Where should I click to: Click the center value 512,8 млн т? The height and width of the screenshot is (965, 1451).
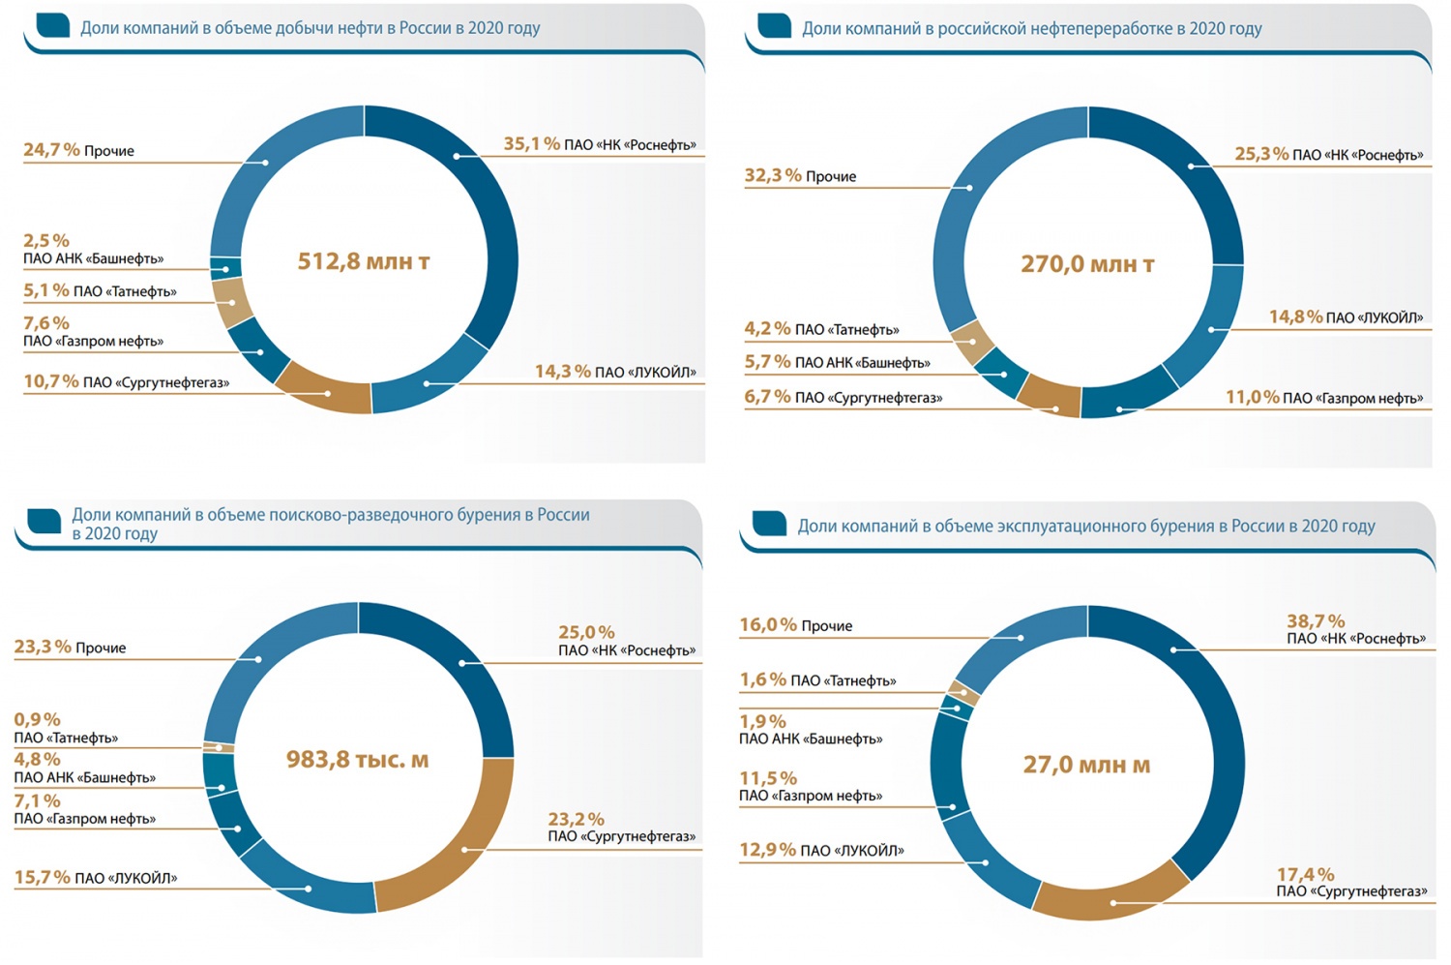click(363, 261)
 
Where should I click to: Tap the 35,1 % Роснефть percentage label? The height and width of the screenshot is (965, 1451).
click(531, 144)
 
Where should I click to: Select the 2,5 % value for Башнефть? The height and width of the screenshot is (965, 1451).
click(46, 240)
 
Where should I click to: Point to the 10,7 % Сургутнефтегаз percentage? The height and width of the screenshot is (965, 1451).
click(51, 382)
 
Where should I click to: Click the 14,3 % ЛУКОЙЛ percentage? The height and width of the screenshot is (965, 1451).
click(562, 372)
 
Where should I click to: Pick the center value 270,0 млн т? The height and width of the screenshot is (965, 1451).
click(1087, 264)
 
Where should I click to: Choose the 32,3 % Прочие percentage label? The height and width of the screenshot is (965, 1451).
click(773, 175)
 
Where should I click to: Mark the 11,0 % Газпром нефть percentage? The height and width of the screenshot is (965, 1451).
click(1252, 397)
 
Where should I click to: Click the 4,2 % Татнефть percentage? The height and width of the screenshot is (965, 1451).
click(767, 329)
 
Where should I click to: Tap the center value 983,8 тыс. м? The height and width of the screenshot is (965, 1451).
click(357, 760)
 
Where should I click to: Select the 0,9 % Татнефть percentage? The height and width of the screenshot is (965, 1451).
click(37, 720)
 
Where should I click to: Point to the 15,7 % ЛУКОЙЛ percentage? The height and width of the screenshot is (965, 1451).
click(42, 878)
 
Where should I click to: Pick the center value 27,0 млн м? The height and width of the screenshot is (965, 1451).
click(1086, 766)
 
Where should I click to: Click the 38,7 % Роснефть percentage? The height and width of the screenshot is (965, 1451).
click(1316, 621)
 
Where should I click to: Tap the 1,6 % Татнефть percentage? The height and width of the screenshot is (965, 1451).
click(762, 680)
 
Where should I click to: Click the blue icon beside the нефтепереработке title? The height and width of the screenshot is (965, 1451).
click(774, 26)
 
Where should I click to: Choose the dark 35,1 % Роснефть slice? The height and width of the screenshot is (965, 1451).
click(484, 232)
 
